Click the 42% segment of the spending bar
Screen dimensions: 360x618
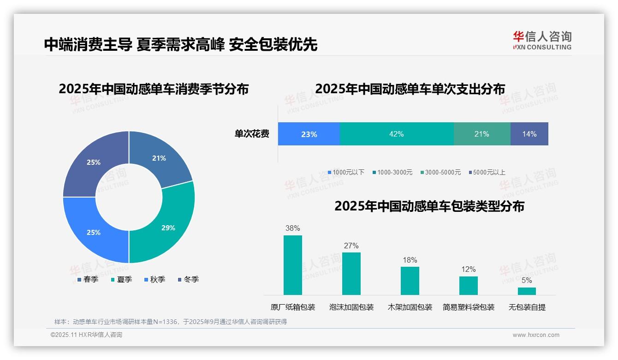tap(397, 134)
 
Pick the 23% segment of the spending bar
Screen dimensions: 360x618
tap(309, 134)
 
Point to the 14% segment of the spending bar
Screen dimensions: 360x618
tap(529, 134)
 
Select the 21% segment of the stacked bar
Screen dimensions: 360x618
tap(481, 134)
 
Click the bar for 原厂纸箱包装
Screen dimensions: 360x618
tap(293, 265)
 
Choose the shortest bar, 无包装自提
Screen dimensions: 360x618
tap(527, 291)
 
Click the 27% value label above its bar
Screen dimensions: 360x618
tap(351, 246)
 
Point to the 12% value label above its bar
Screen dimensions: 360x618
tap(468, 270)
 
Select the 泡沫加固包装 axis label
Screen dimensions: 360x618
tap(351, 307)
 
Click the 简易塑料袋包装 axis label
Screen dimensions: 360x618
tap(468, 307)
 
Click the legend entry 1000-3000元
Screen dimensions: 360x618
tap(392, 172)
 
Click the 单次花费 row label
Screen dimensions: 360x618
tap(252, 134)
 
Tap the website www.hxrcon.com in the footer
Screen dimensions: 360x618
tap(536, 335)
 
